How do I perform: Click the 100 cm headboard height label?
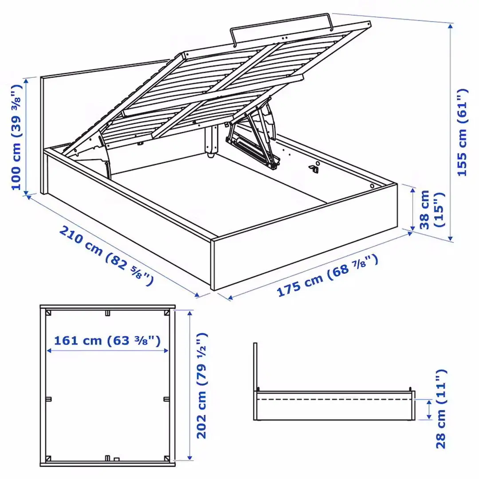[x=16, y=136]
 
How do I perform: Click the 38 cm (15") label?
[x=431, y=209]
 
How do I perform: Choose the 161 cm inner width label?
[x=107, y=341]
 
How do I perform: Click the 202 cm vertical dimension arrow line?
[x=190, y=385]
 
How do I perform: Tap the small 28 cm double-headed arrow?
[x=428, y=409]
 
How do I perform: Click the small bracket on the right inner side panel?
[x=315, y=167]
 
